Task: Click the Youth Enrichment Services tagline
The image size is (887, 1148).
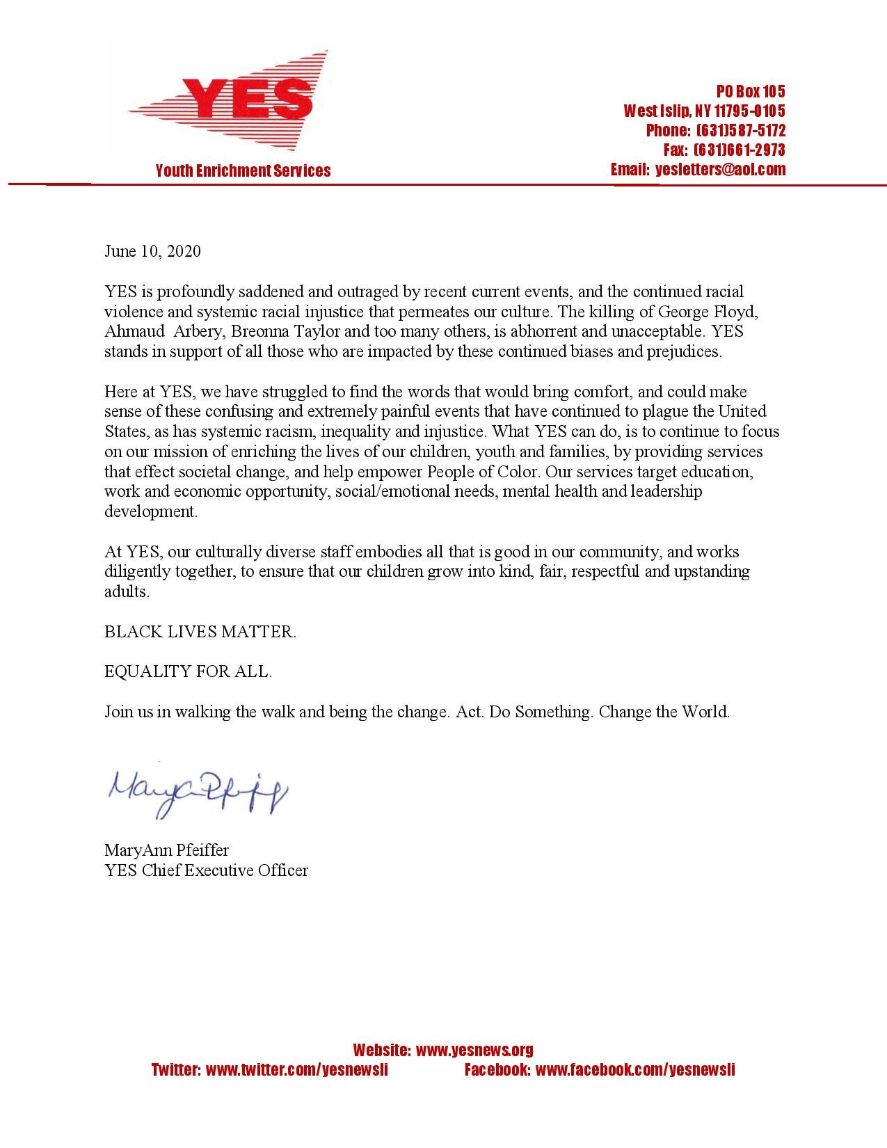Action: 243,170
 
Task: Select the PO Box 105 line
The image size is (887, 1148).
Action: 751,91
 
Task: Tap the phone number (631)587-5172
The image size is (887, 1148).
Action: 740,130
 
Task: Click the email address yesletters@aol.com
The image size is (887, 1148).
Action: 720,169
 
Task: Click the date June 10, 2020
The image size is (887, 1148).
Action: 152,251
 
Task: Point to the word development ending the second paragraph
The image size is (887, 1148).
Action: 151,512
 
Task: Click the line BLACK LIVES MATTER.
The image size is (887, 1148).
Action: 200,632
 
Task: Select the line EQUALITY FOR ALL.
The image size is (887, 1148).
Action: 188,671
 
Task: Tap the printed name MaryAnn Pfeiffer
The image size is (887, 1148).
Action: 166,850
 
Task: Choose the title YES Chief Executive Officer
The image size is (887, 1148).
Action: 206,870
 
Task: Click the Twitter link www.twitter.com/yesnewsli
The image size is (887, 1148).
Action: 296,1070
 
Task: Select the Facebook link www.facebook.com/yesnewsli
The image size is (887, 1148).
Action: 635,1070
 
